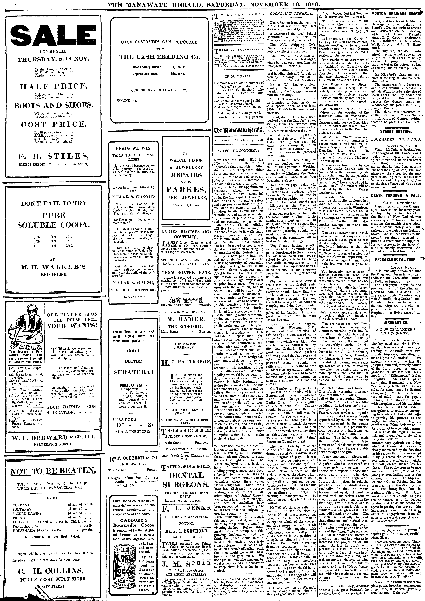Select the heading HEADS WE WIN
(x=133, y=148)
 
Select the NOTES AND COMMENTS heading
(x=239, y=151)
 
